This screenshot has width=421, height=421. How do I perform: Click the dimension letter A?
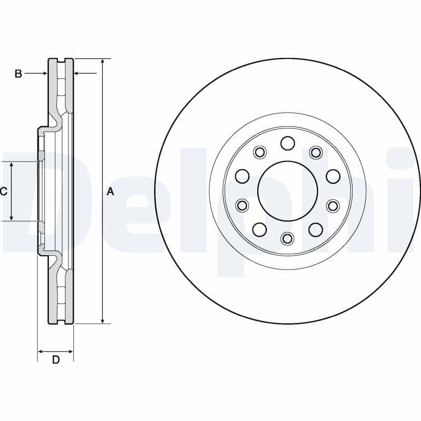click(110, 192)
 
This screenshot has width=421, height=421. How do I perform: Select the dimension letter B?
click(18, 74)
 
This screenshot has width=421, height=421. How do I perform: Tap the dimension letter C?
click(4, 192)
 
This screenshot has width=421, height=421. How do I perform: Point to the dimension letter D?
click(56, 360)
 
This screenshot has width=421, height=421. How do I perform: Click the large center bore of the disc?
click(287, 191)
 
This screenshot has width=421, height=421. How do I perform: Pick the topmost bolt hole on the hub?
click(287, 143)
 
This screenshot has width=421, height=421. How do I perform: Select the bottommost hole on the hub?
click(287, 239)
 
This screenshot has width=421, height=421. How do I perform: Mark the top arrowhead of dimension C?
click(12, 165)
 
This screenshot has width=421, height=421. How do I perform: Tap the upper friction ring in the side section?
click(61, 87)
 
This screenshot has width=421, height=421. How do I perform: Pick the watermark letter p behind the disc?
click(247, 210)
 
